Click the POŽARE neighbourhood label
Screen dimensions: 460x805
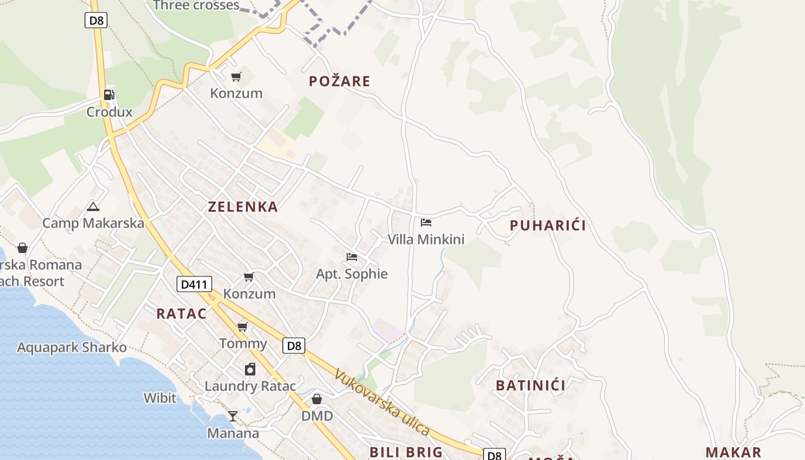339,81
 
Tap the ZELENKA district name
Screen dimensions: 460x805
243,207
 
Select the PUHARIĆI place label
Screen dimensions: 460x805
547,225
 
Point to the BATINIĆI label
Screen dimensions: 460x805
530,385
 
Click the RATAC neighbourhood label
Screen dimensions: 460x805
181,313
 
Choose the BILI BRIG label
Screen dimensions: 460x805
406,452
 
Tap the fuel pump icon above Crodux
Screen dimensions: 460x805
109,95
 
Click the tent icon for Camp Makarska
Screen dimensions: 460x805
93,206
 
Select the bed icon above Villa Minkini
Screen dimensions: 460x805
425,222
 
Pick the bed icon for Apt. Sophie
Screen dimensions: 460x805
352,256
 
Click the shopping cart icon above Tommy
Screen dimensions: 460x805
243,327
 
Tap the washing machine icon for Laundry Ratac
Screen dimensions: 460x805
250,369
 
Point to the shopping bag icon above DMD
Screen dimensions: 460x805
317,398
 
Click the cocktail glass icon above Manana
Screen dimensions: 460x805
233,416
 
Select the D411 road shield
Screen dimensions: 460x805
194,283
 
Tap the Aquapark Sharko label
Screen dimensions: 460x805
72,347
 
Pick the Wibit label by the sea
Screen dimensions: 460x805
160,397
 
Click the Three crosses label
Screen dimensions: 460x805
197,6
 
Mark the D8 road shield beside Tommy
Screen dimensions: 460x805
294,346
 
